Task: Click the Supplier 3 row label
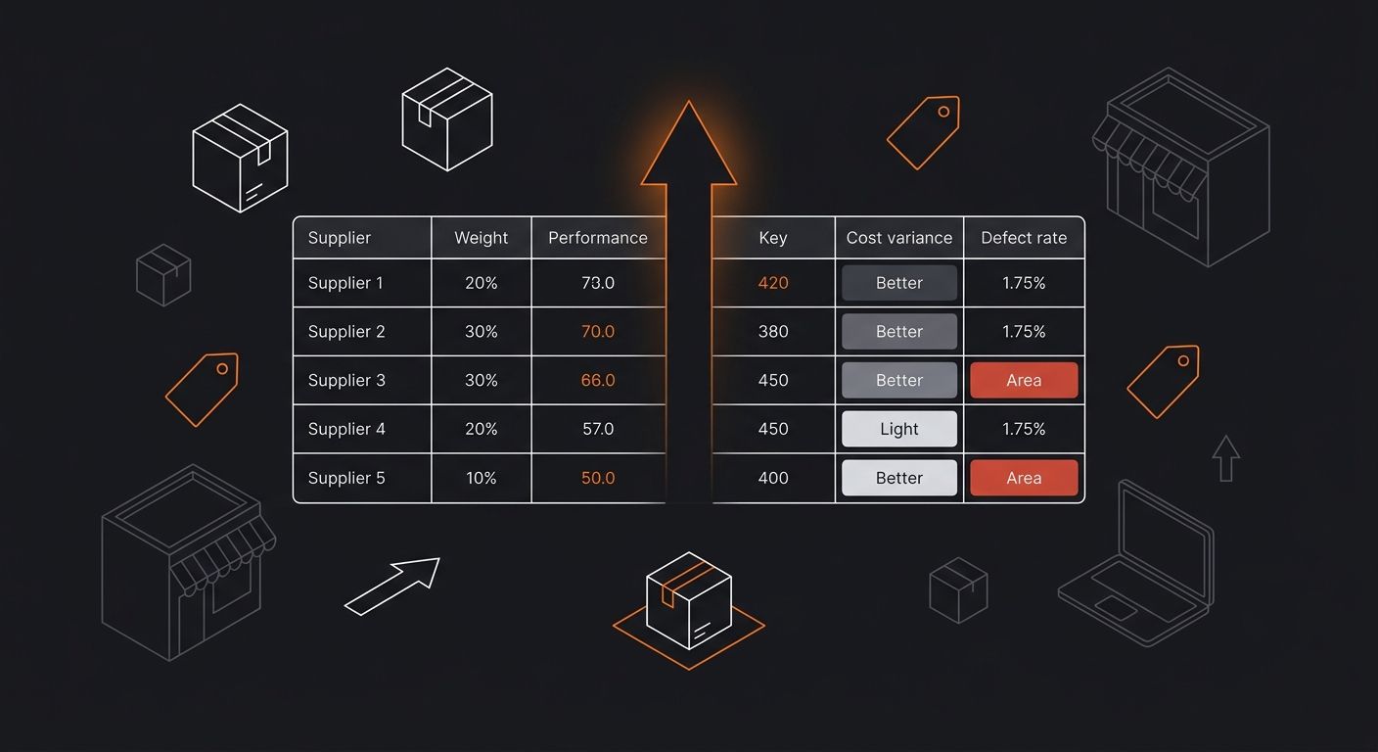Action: click(346, 380)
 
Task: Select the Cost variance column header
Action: click(898, 238)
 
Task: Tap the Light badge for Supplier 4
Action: click(898, 428)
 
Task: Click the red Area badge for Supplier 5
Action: click(1024, 478)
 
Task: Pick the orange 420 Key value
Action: click(772, 283)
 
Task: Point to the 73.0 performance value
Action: click(598, 283)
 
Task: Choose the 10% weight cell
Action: click(482, 478)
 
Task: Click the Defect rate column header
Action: click(1024, 238)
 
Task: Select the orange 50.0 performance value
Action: click(598, 478)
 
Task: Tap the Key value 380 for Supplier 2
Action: click(772, 332)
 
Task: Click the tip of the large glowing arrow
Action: click(688, 101)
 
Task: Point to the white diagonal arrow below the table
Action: click(391, 587)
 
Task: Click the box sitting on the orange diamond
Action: click(688, 600)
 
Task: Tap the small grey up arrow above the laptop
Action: click(1225, 458)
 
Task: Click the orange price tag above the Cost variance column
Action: click(923, 133)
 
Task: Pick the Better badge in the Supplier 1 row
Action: click(898, 283)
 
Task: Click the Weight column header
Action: click(482, 238)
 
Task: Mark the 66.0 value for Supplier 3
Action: click(598, 380)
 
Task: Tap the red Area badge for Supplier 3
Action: click(1024, 380)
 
